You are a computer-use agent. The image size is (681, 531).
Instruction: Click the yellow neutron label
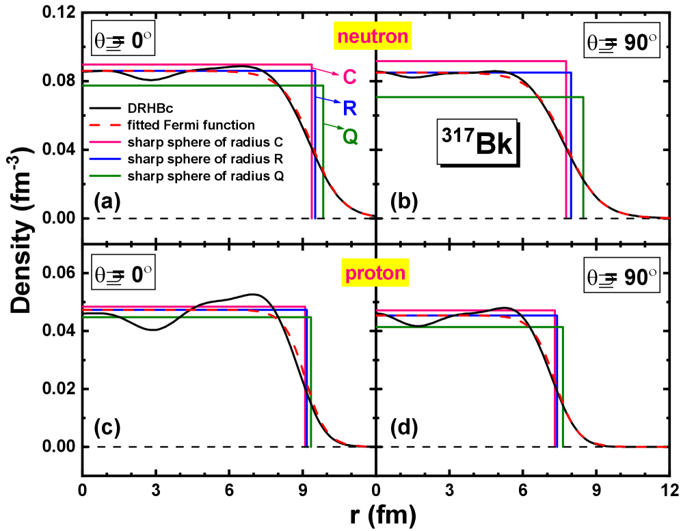pos(372,36)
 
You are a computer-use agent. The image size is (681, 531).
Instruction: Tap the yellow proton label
pos(375,273)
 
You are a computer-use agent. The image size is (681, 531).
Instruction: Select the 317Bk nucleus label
pos(477,142)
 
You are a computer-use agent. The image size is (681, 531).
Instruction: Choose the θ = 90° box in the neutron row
pos(622,42)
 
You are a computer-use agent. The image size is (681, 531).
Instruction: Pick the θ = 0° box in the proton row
pos(123,275)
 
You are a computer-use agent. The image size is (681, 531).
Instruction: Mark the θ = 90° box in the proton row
pos(622,276)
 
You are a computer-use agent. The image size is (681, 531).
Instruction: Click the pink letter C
pos(349,77)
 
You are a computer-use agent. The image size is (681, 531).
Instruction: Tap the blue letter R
pos(350,108)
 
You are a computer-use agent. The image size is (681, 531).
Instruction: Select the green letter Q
pos(350,137)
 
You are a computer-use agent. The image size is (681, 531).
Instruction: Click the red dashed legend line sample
pos(105,125)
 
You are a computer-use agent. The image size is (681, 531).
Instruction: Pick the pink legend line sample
pos(105,142)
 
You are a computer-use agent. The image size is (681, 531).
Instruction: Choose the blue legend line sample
pos(105,159)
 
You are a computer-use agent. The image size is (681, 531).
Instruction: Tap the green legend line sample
pos(105,176)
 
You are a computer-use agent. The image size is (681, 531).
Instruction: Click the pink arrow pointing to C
pos(325,71)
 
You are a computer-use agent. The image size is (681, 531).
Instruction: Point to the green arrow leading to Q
pos(332,126)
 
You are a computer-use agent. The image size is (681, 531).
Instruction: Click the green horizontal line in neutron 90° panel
pos(479,97)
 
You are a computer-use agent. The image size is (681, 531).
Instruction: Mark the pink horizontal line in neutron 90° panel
pos(472,62)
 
